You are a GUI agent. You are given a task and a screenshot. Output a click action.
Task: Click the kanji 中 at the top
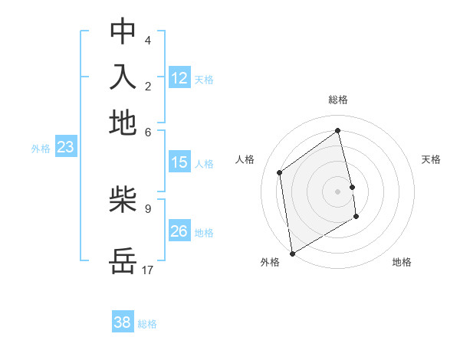tap(123, 31)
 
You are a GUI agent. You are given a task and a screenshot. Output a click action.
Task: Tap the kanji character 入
tap(123, 77)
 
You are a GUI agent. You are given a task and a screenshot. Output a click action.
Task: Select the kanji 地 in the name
tap(123, 123)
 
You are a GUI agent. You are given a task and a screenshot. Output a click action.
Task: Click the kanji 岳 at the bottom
tap(123, 261)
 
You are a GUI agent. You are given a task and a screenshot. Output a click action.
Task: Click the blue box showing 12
tap(179, 78)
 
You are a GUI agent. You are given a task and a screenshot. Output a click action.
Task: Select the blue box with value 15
tap(179, 162)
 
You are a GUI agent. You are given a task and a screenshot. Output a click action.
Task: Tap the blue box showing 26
tap(179, 231)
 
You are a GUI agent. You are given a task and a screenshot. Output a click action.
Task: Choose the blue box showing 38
tap(123, 322)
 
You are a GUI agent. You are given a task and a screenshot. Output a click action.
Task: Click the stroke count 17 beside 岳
tap(148, 270)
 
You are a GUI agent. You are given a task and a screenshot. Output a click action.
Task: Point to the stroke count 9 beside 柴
tap(148, 208)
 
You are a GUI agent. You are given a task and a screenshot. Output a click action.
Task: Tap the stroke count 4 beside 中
tap(148, 40)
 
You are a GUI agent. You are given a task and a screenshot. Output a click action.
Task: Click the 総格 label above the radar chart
tap(337, 100)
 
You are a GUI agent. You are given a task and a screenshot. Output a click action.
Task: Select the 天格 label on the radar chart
tap(431, 159)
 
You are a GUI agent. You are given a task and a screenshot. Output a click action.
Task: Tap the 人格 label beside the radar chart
tap(245, 159)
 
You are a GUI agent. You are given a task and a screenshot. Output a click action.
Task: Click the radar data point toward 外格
tap(292, 253)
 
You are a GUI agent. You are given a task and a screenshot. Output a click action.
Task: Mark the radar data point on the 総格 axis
tap(337, 130)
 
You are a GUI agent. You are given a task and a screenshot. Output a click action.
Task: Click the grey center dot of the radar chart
tap(337, 191)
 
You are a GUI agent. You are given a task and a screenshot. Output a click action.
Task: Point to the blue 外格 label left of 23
tap(40, 149)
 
